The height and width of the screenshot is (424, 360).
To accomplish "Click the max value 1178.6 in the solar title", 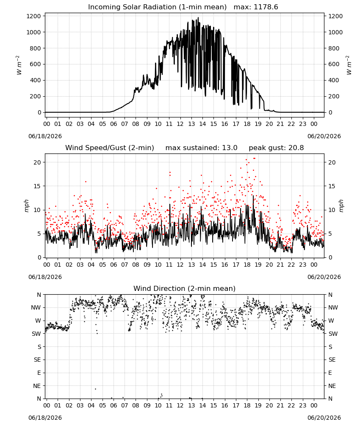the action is (266, 7).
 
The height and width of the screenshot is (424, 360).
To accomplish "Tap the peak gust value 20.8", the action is (296, 148).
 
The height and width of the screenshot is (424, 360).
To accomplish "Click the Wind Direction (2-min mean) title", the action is (185, 288).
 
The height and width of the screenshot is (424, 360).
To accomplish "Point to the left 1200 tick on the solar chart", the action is (33, 16).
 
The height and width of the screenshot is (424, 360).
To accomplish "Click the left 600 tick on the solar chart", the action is (36, 64).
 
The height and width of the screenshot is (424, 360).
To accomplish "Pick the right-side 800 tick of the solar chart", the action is (334, 48).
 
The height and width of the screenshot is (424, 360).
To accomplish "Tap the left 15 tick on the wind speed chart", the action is (37, 186).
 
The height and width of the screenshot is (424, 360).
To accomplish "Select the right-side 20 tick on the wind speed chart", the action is (332, 162).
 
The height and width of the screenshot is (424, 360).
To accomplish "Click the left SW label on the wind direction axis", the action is (36, 334).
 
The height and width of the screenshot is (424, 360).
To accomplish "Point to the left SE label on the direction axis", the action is (37, 360).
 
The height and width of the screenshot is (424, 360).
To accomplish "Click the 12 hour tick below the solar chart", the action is (180, 124).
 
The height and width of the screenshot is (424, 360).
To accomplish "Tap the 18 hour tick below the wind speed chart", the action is (247, 265).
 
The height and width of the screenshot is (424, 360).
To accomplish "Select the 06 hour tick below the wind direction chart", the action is (114, 406).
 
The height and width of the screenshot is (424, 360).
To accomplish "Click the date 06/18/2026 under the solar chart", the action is (45, 136).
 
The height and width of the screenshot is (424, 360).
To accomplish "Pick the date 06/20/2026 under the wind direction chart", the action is (324, 418).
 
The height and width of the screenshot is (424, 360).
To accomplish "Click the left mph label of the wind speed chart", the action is (26, 206).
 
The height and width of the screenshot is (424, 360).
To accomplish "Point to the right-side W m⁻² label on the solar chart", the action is (349, 65).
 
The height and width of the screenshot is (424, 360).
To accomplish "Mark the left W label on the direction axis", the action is (39, 321).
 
